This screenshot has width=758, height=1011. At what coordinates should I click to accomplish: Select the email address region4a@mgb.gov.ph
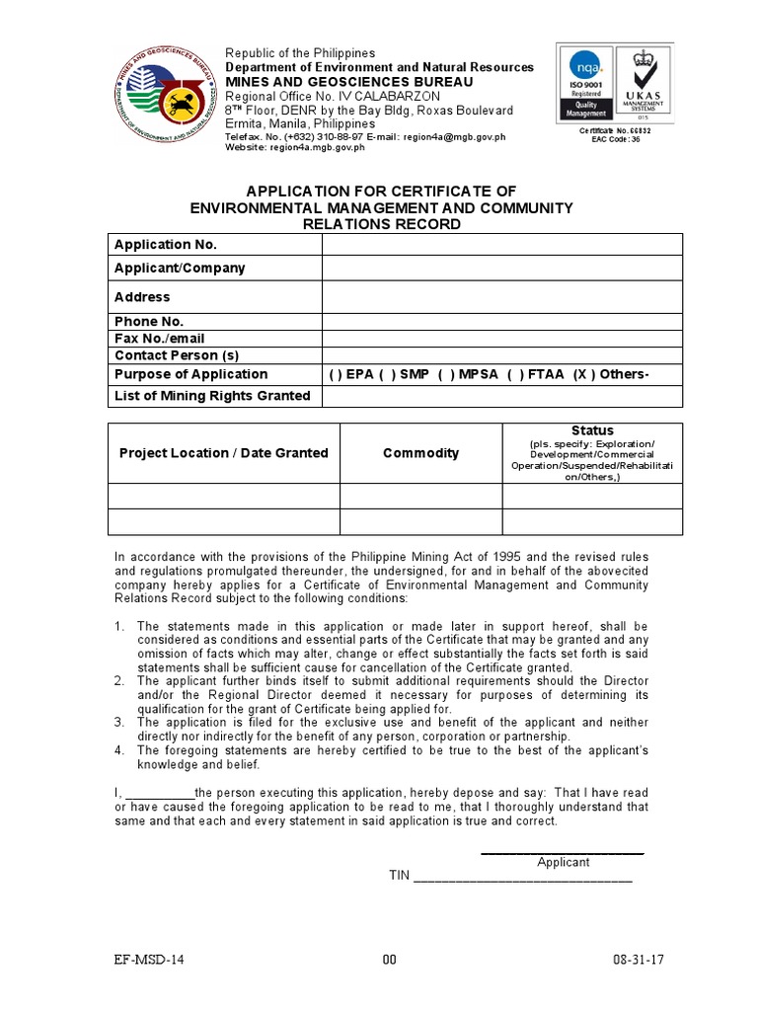(454, 137)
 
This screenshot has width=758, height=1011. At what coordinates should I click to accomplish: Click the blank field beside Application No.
(501, 245)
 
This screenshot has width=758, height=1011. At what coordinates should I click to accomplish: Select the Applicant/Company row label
(180, 269)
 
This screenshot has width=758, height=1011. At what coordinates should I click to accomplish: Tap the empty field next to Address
(501, 297)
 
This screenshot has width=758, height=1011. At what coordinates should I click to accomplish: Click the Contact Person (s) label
(177, 355)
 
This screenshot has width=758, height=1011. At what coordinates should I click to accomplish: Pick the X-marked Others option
(612, 374)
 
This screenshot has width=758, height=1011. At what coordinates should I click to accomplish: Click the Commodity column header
(420, 453)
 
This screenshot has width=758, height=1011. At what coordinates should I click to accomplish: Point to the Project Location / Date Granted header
(223, 453)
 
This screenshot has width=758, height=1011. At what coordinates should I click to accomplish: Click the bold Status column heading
(592, 430)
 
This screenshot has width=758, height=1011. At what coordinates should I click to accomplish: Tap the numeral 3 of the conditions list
(117, 722)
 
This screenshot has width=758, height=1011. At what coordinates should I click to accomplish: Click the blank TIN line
(522, 877)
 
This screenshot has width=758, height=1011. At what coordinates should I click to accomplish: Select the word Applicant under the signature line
(563, 862)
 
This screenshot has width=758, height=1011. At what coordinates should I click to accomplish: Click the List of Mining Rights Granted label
(212, 396)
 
